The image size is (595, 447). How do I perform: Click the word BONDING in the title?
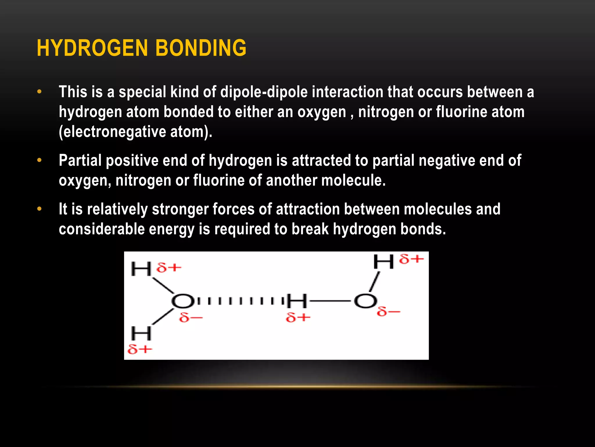(x=201, y=48)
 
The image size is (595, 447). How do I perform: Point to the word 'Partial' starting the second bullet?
(x=80, y=160)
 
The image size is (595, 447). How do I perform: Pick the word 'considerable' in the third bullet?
(x=102, y=229)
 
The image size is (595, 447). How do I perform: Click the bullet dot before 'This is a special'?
(x=40, y=92)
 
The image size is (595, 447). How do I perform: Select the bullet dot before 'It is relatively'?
(x=40, y=209)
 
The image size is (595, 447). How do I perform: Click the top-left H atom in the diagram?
(x=141, y=269)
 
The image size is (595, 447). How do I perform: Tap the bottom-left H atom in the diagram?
(x=141, y=333)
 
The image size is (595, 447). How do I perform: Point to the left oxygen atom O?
(x=182, y=301)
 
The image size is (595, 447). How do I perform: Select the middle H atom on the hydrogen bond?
(x=297, y=301)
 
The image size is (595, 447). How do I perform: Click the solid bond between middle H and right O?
(x=331, y=301)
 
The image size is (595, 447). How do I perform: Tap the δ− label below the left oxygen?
(x=191, y=317)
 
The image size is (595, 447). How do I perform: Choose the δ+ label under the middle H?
(x=298, y=317)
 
